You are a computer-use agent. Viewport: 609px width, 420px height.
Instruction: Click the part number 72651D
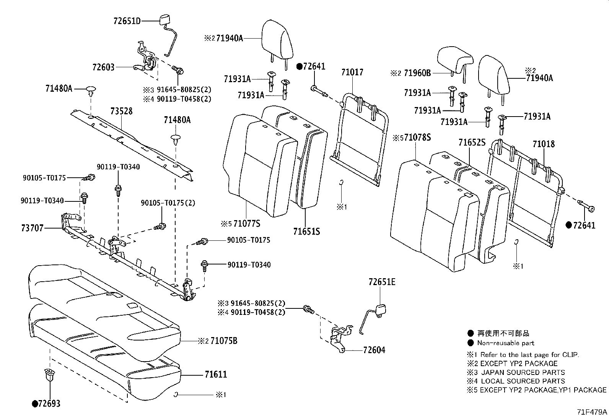tap(127, 21)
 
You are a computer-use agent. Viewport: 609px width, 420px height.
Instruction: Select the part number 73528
tap(121, 111)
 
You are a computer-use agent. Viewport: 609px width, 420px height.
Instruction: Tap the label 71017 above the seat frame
tap(352, 72)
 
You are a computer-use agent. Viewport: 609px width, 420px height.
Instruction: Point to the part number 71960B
tap(417, 73)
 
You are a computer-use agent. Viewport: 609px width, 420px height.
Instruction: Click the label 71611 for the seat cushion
tap(216, 375)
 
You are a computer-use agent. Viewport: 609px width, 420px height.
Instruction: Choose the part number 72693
tap(49, 404)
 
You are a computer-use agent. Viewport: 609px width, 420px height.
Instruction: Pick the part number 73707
tap(33, 228)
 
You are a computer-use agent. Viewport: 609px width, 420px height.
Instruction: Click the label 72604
tap(374, 350)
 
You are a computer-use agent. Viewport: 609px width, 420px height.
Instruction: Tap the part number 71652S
tap(472, 142)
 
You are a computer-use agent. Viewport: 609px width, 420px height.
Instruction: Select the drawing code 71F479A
tap(592, 412)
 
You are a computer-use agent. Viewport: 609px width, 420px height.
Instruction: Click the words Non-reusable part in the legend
tap(506, 343)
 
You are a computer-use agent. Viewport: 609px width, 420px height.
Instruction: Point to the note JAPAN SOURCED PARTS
tap(523, 372)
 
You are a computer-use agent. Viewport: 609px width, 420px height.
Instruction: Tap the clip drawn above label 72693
tap(49, 375)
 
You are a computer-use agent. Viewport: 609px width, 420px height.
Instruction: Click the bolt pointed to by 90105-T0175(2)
tap(160, 226)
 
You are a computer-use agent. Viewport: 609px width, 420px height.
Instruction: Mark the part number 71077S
tap(247, 224)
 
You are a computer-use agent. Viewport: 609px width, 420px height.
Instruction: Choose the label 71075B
tap(224, 341)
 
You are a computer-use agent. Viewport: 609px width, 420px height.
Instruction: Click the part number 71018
tap(544, 144)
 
